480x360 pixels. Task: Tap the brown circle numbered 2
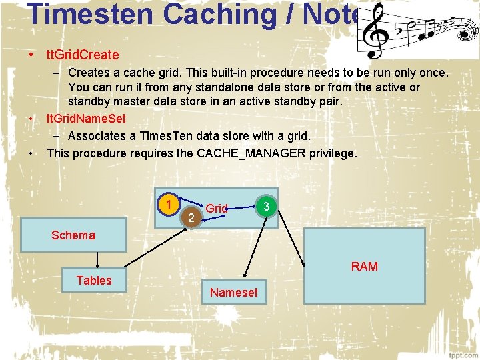point(191,217)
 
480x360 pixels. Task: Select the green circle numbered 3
point(266,207)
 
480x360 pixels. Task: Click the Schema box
point(73,234)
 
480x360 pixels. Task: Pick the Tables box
point(94,280)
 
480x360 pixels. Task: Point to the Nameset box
point(233,292)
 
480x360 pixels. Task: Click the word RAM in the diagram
point(364,267)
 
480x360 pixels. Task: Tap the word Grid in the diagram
point(217,209)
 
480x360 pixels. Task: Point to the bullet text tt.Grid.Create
point(83,54)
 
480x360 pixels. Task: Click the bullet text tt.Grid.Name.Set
point(86,119)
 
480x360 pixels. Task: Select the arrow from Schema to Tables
point(98,261)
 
